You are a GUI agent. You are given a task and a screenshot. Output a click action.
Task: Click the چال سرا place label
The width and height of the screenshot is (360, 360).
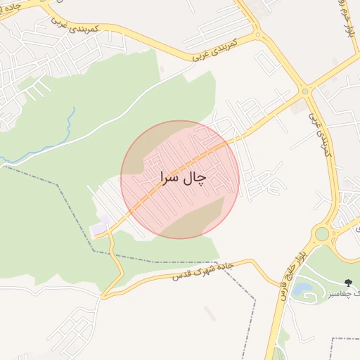tap(182, 178)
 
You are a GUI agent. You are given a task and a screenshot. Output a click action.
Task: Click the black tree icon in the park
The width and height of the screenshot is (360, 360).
tap(349, 281)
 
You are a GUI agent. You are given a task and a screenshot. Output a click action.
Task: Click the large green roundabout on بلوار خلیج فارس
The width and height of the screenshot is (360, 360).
tap(322, 233)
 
